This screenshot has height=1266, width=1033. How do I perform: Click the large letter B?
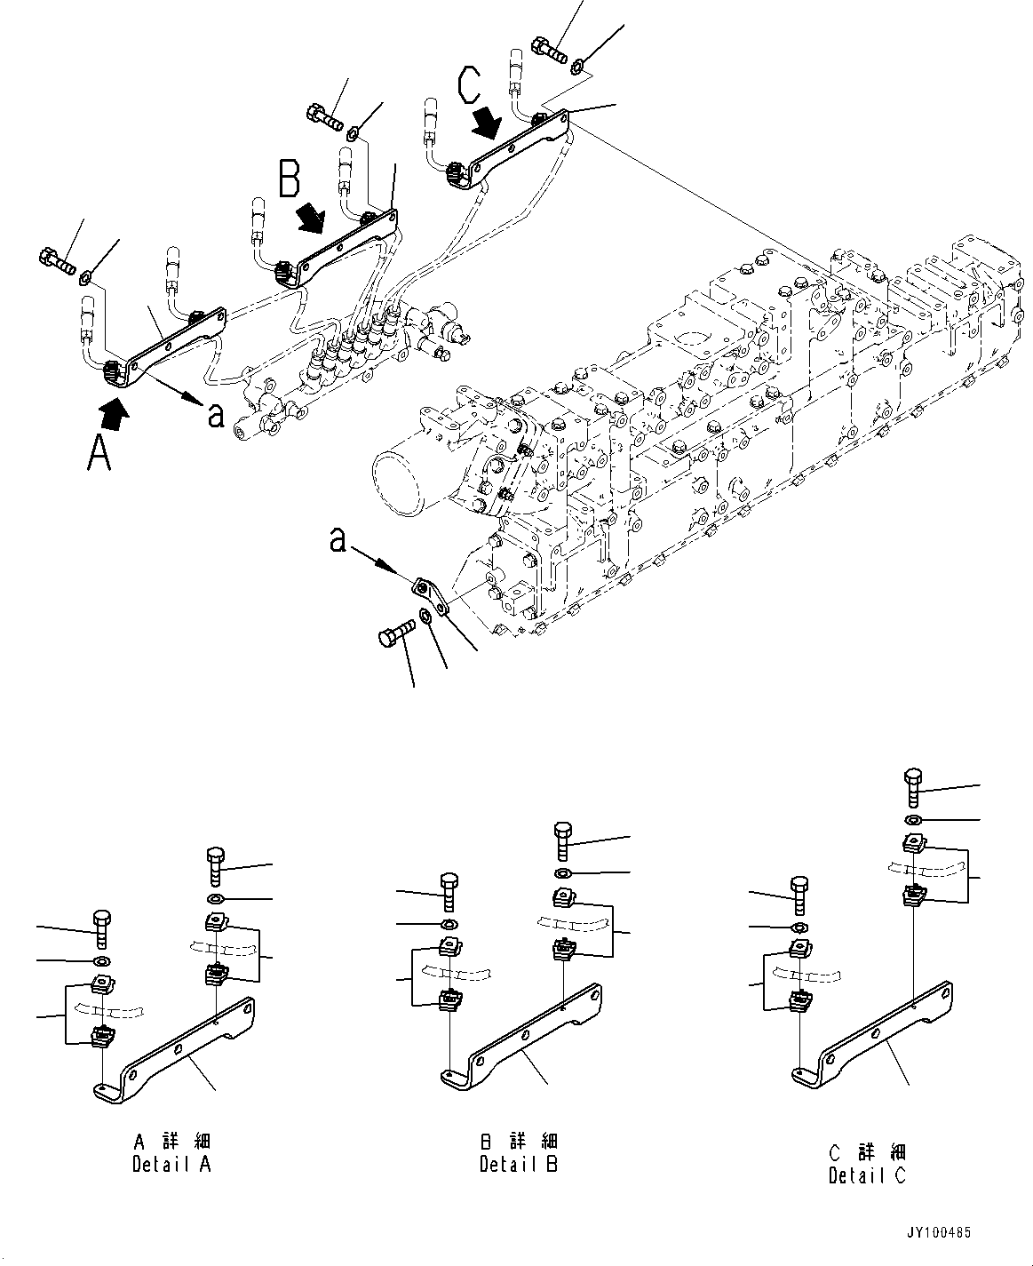click(x=290, y=178)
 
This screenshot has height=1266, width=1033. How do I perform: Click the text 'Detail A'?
click(x=172, y=1164)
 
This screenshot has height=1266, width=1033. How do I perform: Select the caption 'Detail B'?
click(x=519, y=1164)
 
